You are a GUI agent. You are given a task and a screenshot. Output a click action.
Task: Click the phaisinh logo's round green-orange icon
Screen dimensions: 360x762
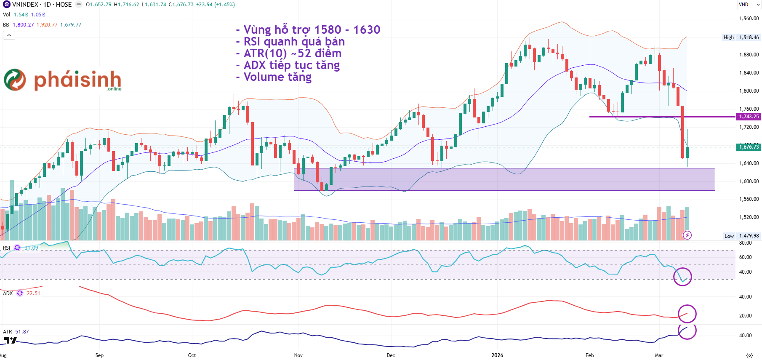click(x=15, y=80)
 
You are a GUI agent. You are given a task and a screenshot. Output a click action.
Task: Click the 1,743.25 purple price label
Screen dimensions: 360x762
click(x=749, y=117)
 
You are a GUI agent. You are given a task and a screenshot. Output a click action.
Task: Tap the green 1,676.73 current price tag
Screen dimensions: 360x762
click(x=749, y=147)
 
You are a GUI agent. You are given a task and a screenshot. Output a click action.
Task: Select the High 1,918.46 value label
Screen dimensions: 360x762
click(x=749, y=37)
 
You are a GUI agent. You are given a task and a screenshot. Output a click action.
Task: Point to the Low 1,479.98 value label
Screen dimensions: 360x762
click(x=749, y=236)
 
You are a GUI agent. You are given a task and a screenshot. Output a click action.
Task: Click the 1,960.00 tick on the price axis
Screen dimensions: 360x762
click(x=749, y=19)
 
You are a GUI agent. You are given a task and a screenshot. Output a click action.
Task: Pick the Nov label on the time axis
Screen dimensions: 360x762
click(x=298, y=355)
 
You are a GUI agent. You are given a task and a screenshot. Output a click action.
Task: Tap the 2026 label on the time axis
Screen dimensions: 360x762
click(x=497, y=355)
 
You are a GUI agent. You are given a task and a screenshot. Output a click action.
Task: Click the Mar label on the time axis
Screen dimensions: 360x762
click(x=659, y=355)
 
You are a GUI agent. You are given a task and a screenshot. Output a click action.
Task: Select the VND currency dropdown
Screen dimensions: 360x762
click(x=749, y=5)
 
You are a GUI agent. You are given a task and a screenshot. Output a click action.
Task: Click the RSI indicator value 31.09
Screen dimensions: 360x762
click(x=31, y=248)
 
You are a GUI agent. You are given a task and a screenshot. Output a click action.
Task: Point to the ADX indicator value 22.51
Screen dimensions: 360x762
click(x=33, y=293)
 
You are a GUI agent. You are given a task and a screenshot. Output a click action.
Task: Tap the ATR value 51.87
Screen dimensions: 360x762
click(x=22, y=332)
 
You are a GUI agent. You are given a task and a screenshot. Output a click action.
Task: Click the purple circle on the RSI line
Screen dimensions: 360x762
click(x=682, y=277)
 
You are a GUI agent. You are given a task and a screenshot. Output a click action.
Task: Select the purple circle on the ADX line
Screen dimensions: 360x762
click(x=687, y=314)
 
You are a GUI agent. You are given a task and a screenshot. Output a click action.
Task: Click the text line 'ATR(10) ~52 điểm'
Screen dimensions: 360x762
click(x=292, y=53)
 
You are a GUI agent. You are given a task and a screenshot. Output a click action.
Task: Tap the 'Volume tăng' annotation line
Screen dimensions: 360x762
click(x=277, y=77)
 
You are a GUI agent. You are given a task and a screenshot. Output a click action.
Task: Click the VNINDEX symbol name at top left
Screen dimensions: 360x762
click(x=25, y=5)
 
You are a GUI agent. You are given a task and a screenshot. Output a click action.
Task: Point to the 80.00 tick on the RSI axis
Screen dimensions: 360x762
click(x=745, y=243)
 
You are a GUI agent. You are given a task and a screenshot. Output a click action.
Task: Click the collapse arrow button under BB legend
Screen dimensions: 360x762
click(x=9, y=35)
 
